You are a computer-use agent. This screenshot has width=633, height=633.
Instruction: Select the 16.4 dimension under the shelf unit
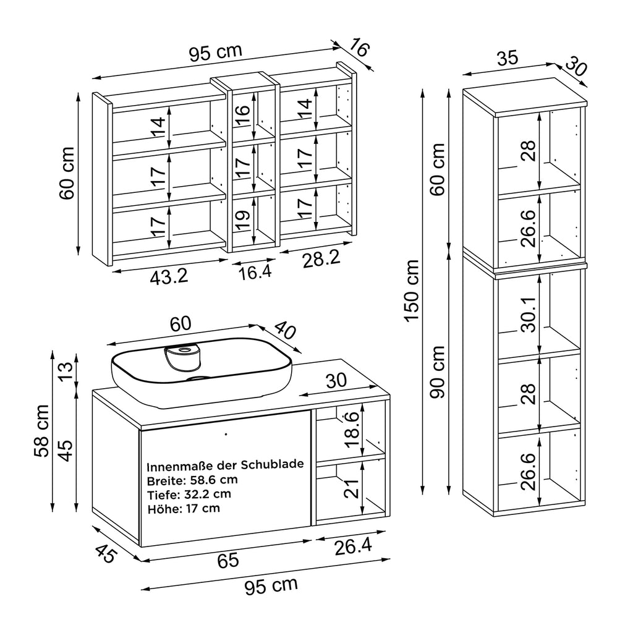tap(255, 272)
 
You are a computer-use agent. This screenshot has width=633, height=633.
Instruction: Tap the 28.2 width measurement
tap(321, 260)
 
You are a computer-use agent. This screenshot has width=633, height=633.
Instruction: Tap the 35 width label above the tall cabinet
tap(506, 59)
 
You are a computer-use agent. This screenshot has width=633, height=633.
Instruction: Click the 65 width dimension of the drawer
tap(227, 560)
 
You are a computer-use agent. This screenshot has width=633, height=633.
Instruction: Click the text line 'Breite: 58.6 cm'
tap(192, 480)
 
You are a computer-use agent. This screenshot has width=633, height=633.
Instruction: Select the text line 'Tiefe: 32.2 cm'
tap(189, 494)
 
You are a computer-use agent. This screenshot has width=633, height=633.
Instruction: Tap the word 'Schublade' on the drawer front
tap(272, 465)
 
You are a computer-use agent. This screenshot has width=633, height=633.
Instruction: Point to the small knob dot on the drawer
tap(226, 433)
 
